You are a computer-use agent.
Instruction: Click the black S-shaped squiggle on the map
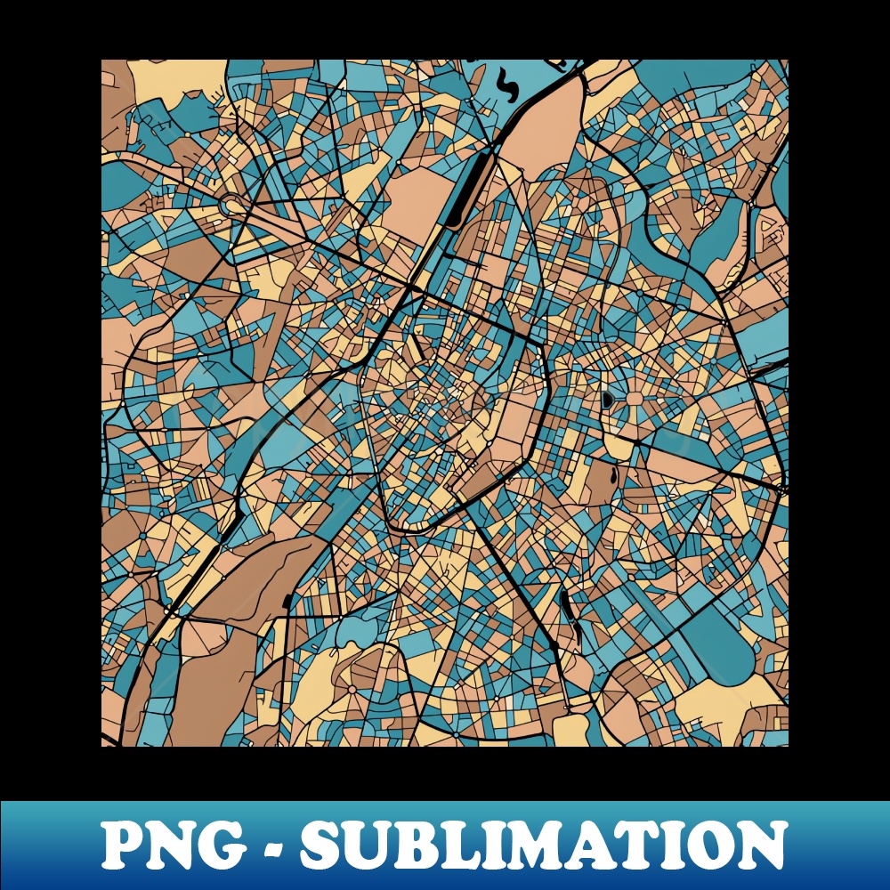coord(506,87)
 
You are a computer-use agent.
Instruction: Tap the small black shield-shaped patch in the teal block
coord(608,400)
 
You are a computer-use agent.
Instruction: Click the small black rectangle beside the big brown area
coord(287,603)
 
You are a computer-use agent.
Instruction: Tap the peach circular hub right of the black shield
coord(634,398)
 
